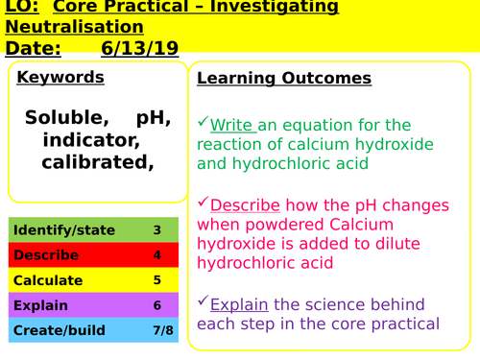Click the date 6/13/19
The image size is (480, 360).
132,48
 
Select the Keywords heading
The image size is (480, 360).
60,77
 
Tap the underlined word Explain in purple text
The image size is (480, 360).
241,304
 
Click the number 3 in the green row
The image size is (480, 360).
156,230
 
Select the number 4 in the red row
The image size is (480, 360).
156,255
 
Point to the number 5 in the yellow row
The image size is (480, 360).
156,280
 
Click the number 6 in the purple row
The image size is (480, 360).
156,305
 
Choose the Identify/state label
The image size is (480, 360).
64,230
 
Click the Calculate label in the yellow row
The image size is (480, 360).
49,280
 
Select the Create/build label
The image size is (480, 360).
57,330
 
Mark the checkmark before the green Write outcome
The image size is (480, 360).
203,123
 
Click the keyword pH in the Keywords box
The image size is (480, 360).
153,118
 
